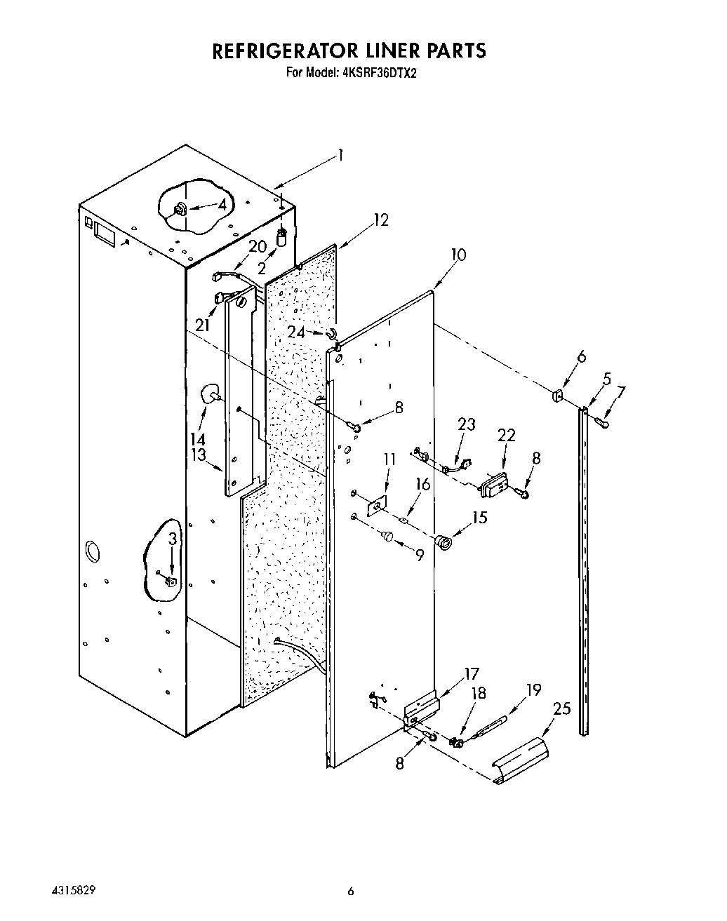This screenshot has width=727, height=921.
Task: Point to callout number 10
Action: (x=458, y=255)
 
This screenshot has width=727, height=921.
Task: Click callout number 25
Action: (x=562, y=709)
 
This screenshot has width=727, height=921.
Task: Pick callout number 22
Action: (x=506, y=436)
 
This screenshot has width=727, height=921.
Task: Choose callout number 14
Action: (x=198, y=439)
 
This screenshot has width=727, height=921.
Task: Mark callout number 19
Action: (x=533, y=690)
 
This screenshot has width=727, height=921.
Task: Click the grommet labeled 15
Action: (x=443, y=542)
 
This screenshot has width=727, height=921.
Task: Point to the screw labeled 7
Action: (x=602, y=422)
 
